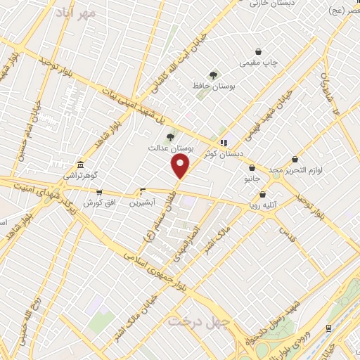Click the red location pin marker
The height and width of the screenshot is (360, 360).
coord(181,167)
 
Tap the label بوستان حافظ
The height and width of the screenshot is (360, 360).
coord(213,86)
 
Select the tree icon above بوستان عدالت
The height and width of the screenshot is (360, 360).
coord(169,137)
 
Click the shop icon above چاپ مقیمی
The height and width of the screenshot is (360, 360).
coord(259,51)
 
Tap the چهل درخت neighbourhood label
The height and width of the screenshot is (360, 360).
coord(191,321)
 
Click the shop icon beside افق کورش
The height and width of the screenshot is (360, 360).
coord(99,192)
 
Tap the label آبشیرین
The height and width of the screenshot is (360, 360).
coord(143,202)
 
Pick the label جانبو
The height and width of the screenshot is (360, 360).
coord(252,179)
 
